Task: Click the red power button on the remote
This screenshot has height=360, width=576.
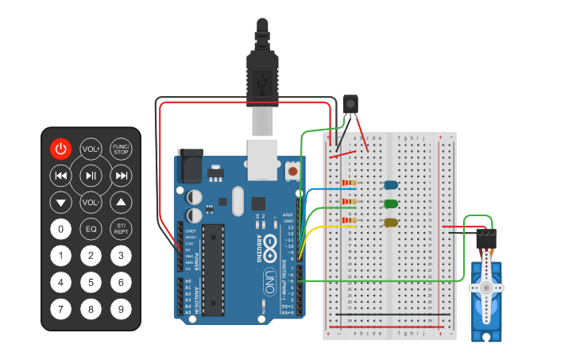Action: (61, 149)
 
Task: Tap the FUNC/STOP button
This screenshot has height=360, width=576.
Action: (121, 149)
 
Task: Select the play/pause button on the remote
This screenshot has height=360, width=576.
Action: (91, 176)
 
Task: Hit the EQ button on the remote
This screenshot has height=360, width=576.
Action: (91, 230)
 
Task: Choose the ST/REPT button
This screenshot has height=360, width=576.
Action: (121, 230)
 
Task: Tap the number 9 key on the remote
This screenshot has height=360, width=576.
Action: (121, 308)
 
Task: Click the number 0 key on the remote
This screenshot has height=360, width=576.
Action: (61, 230)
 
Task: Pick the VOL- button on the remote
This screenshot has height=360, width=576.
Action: (91, 203)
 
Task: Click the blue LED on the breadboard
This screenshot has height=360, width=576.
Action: (391, 185)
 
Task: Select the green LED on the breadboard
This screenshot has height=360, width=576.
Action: (391, 203)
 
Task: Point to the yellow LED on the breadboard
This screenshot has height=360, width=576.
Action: (391, 223)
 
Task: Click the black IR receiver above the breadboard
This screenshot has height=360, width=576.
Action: (350, 104)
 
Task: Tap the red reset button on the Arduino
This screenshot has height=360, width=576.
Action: (293, 171)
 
